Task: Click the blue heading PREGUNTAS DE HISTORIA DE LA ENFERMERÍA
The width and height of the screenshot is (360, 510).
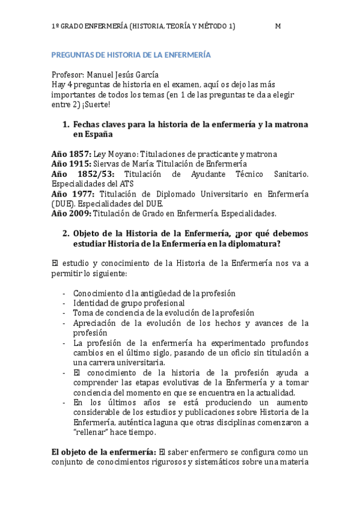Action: coord(131,55)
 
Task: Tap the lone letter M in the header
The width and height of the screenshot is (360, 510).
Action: coord(278,26)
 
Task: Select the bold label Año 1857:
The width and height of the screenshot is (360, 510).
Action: coord(72,154)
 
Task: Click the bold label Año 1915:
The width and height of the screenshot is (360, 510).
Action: coord(72,164)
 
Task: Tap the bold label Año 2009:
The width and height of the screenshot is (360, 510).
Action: coord(72,213)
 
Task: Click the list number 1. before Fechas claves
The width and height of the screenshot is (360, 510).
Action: coord(66,124)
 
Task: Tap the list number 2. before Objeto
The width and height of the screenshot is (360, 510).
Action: coord(66,233)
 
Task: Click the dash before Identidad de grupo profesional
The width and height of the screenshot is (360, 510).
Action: coord(64,303)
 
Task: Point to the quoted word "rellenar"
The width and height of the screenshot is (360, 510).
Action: coord(92,432)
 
